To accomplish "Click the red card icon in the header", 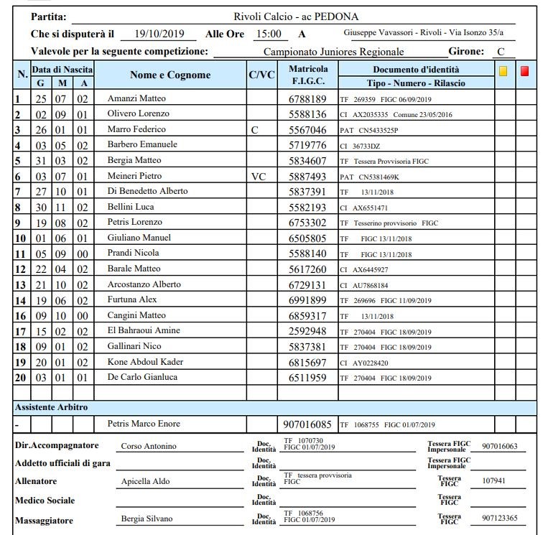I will point(525,71).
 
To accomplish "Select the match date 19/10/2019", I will point(159,34).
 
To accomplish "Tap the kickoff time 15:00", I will point(267,34).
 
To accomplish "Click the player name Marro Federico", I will point(136,129).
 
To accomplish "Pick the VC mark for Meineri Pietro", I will point(259,176).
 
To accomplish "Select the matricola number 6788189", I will point(307,99).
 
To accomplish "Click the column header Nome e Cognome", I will point(170,75).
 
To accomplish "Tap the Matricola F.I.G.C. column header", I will point(307,75).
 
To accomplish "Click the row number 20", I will point(21,378).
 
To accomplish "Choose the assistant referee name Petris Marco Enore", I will point(144,424).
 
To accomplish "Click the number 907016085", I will point(307,424).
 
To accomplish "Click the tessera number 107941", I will point(495,481).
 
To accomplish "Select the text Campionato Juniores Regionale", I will point(333,52).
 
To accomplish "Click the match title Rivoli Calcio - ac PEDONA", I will point(296,17).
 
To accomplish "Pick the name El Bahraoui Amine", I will point(143,331).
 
